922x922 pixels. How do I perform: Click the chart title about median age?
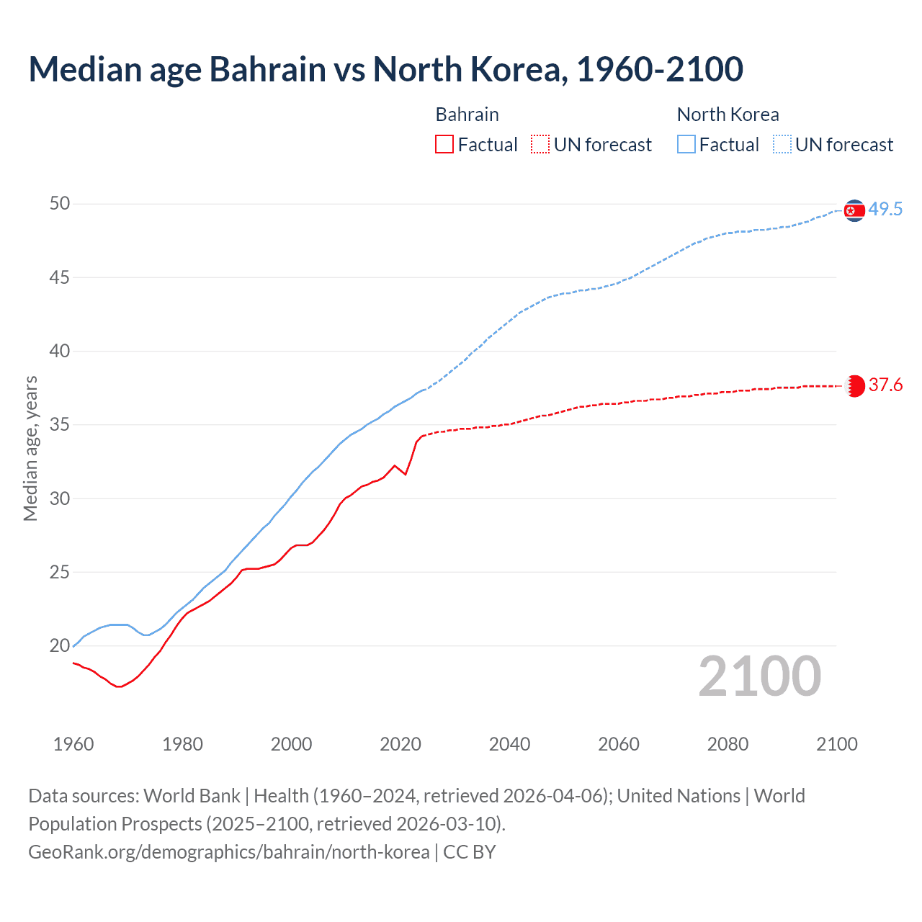(385, 70)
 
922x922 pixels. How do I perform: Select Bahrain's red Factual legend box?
(444, 145)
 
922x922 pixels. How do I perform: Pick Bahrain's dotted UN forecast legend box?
(540, 145)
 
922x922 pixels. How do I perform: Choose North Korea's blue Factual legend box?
(686, 145)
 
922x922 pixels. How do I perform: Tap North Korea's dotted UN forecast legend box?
(782, 145)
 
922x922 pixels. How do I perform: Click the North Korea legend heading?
(728, 115)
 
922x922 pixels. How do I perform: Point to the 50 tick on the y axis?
(60, 204)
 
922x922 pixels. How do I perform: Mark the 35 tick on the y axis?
(60, 425)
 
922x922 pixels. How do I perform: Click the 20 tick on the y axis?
(60, 646)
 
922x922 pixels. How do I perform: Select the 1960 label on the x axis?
(73, 744)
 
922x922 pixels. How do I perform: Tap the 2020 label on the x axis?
(400, 744)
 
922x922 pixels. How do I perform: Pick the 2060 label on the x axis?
(619, 744)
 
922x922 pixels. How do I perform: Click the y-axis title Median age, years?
(30, 448)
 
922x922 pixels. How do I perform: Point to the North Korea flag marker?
(854, 210)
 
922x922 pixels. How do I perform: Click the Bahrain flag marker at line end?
(855, 386)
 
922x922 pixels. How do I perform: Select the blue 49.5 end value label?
(885, 210)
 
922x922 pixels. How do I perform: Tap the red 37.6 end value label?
(885, 385)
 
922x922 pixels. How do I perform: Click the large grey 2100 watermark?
(760, 676)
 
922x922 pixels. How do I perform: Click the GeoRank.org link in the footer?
(228, 852)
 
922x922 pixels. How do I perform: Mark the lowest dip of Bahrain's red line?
(120, 686)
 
